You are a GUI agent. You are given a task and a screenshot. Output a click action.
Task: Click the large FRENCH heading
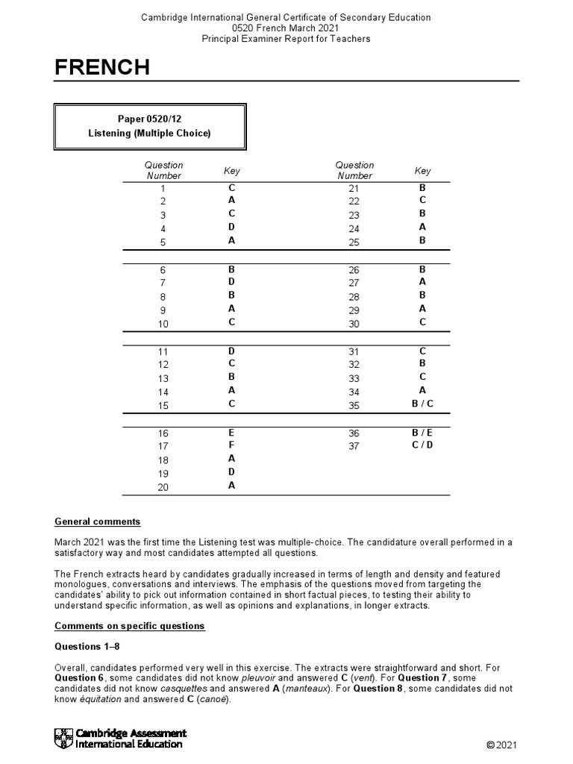pyautogui.click(x=102, y=68)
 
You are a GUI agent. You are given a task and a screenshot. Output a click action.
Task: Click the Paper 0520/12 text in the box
pyautogui.click(x=149, y=119)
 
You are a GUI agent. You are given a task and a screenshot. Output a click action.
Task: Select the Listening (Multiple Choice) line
pyautogui.click(x=150, y=134)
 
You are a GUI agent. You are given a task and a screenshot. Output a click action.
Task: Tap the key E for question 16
pyautogui.click(x=231, y=432)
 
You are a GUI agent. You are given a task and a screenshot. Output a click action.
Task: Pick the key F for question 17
pyautogui.click(x=231, y=445)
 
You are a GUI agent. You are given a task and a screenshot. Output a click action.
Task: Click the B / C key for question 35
pyautogui.click(x=422, y=405)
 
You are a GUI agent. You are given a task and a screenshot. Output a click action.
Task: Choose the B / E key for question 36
pyautogui.click(x=422, y=432)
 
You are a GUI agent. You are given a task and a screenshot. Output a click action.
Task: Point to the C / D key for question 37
pyautogui.click(x=422, y=445)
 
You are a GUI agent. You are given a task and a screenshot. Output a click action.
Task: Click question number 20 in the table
pyautogui.click(x=163, y=487)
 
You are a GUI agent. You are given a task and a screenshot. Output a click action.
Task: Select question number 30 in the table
pyautogui.click(x=354, y=324)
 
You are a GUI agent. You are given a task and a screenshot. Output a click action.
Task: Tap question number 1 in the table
pyautogui.click(x=163, y=190)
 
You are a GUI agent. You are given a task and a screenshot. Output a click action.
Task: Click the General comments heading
pyautogui.click(x=97, y=522)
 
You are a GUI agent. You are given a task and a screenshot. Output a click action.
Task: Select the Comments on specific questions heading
pyautogui.click(x=130, y=626)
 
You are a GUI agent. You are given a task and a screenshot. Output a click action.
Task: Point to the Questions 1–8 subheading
pyautogui.click(x=85, y=645)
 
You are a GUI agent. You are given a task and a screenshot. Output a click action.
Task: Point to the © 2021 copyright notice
pyautogui.click(x=501, y=745)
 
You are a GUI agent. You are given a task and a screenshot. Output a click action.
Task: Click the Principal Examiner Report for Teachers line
pyautogui.click(x=286, y=38)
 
